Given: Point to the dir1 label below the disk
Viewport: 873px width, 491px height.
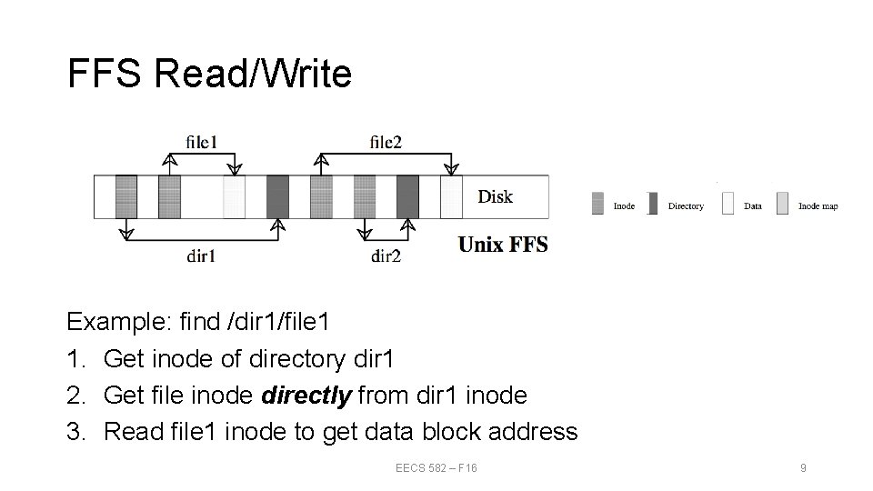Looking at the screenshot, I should click(x=201, y=256).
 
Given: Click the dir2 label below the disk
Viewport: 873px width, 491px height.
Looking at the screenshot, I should click(x=386, y=256).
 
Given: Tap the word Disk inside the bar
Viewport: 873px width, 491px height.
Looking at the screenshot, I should click(x=495, y=196).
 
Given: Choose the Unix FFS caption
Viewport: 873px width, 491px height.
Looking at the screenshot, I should click(x=503, y=245).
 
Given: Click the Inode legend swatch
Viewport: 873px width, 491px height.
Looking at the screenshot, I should click(x=597, y=203).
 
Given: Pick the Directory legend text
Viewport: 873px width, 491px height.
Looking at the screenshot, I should click(x=686, y=206).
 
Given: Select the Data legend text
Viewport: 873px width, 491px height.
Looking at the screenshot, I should click(x=753, y=206).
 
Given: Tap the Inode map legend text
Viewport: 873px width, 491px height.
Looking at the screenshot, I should click(x=818, y=206).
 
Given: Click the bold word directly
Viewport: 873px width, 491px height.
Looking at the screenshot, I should click(x=308, y=396).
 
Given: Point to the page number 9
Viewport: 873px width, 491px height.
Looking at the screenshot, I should click(x=803, y=467).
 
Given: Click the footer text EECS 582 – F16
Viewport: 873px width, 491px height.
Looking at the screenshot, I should click(x=436, y=467).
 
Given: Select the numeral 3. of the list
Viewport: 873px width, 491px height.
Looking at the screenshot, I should click(x=76, y=432).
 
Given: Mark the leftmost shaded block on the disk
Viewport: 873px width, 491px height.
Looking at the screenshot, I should click(x=126, y=196).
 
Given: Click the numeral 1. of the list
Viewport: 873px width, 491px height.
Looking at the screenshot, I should click(x=76, y=358).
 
